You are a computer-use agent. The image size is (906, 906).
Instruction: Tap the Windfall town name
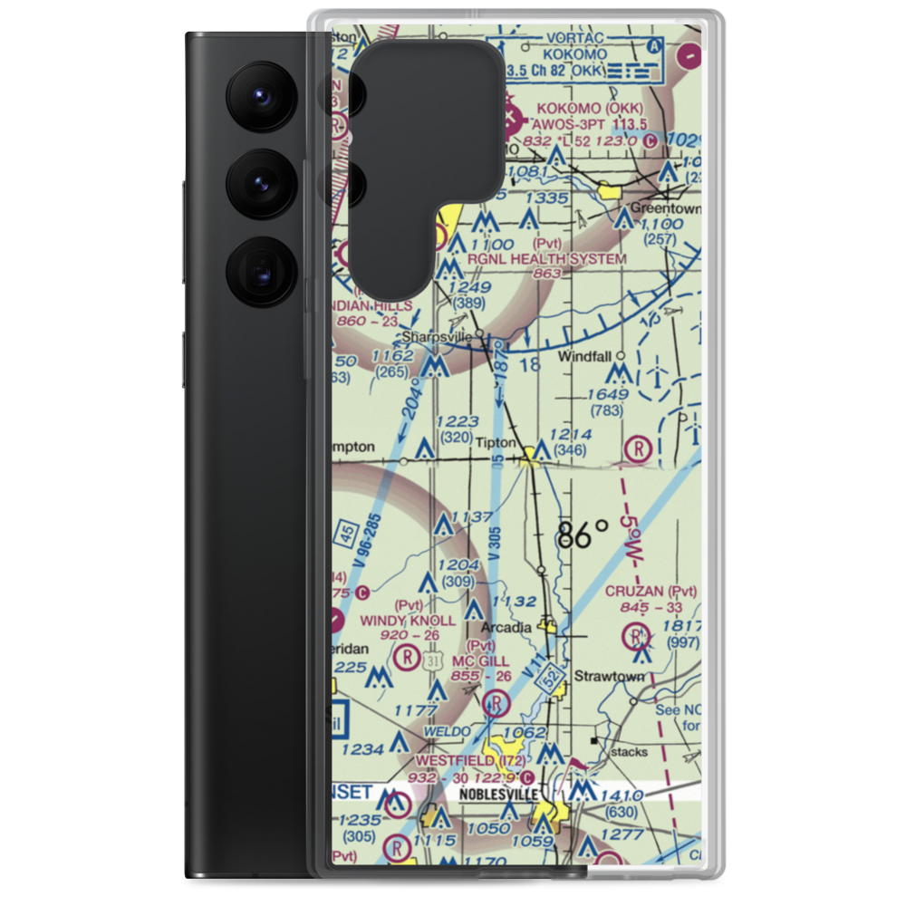tap(584, 356)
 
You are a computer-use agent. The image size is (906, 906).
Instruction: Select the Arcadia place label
tap(506, 627)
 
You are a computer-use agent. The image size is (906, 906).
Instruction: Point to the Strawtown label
tap(610, 676)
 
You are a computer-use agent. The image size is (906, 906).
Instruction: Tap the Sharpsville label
tap(437, 336)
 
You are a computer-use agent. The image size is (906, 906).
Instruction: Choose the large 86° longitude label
tap(583, 535)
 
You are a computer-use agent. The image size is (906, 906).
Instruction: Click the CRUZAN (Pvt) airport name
tap(651, 591)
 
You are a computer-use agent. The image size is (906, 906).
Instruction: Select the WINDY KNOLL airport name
tap(408, 620)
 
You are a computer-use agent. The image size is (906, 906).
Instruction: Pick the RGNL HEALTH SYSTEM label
tap(546, 259)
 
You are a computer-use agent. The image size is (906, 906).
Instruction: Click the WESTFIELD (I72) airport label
tap(470, 761)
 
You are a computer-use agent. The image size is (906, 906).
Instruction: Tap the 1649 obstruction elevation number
tap(607, 394)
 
